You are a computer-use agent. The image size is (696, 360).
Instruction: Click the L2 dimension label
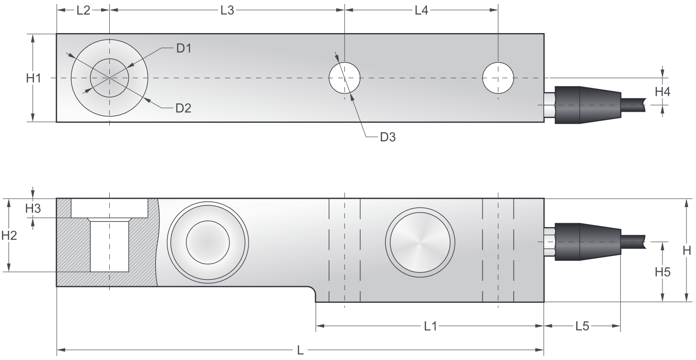click(83, 11)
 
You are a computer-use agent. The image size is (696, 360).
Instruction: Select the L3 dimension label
click(227, 11)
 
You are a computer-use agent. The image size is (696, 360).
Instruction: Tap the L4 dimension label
click(421, 11)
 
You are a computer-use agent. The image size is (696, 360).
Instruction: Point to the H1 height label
click(34, 78)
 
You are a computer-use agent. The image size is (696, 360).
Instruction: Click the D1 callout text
click(184, 49)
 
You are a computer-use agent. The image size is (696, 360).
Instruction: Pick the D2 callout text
click(183, 108)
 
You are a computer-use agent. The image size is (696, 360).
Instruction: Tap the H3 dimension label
click(33, 209)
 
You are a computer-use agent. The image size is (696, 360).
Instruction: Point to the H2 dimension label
click(9, 235)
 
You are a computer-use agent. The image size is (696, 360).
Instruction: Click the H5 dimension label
click(663, 272)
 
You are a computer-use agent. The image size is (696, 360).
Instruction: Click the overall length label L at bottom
click(301, 350)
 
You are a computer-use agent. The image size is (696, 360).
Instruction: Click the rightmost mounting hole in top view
click(498, 78)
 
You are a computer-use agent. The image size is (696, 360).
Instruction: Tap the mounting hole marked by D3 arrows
click(344, 78)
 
